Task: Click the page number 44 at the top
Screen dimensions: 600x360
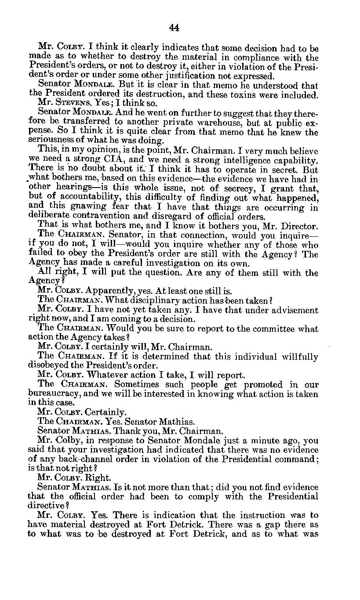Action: tap(174, 28)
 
